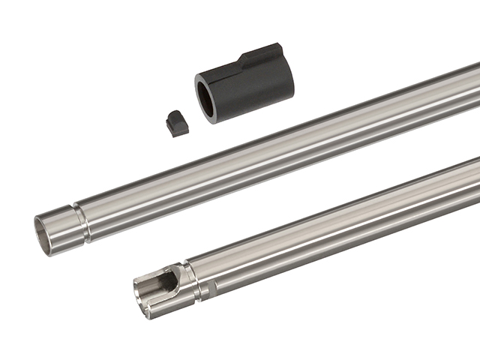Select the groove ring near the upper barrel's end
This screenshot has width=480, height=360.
(x=82, y=222)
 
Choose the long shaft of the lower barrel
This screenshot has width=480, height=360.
(x=337, y=225)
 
